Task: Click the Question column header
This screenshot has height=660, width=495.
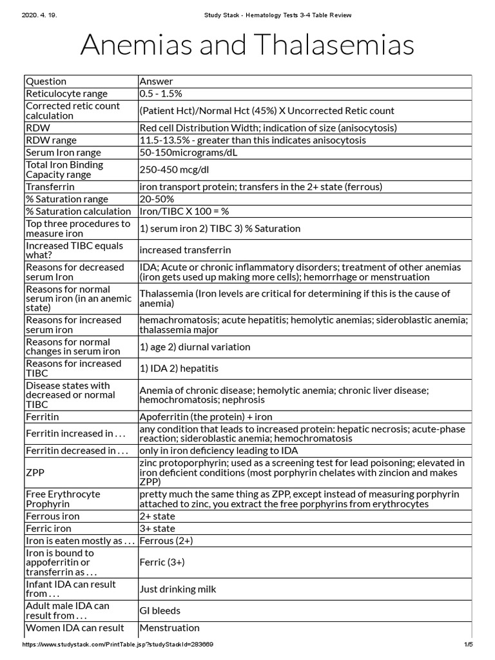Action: coord(46,81)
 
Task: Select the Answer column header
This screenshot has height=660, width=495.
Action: coord(156,81)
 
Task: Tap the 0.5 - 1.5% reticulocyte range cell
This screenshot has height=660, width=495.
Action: coord(161,93)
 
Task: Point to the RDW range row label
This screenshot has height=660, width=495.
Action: coord(51,140)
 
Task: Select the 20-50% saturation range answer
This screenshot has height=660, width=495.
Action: coord(157,199)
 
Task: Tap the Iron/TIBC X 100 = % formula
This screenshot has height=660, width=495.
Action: coord(184,211)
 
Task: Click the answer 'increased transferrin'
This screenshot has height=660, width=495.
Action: coord(185,249)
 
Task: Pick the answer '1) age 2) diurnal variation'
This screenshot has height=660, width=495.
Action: coord(195,347)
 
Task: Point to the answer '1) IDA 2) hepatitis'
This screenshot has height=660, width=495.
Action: coord(179,369)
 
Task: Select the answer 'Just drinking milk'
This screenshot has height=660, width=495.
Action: coord(178,589)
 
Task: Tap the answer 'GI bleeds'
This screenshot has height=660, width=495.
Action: coord(160,610)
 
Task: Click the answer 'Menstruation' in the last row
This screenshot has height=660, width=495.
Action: coord(170,628)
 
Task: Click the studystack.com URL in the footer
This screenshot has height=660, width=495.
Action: coord(118,645)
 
